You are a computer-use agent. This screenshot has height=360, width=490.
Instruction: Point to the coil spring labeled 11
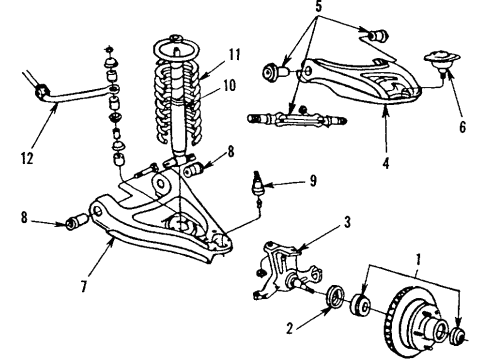177,100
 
